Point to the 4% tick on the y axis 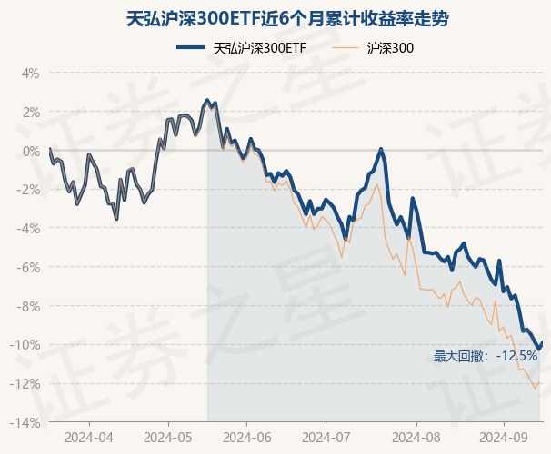point(31,73)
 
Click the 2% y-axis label point(31,112)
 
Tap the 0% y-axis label point(31,151)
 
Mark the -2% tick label point(29,190)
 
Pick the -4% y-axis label point(29,229)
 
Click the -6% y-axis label point(29,268)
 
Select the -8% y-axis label point(29,307)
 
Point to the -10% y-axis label point(26,345)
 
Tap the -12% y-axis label point(26,384)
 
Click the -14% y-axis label point(26,423)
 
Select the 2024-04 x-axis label point(89,438)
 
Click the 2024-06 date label point(251,438)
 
